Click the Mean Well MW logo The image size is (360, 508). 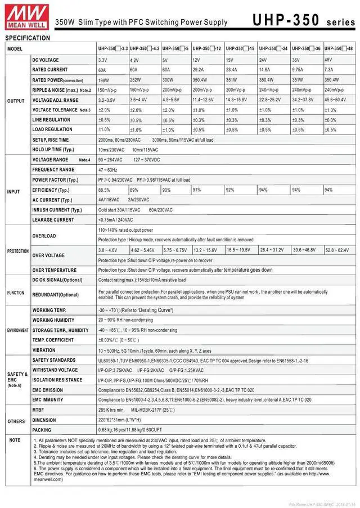(x=20, y=14)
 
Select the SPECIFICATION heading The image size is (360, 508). (x=28, y=38)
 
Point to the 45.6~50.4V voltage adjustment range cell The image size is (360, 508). (x=339, y=100)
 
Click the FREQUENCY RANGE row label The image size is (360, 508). (x=53, y=169)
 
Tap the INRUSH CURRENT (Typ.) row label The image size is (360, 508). (x=57, y=210)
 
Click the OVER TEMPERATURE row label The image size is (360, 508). (x=55, y=270)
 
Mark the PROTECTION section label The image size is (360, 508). (x=17, y=251)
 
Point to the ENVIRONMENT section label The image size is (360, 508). (x=17, y=330)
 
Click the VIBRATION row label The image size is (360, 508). (x=44, y=350)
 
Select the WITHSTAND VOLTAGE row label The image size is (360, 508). (x=55, y=370)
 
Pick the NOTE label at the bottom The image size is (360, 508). (x=15, y=440)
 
